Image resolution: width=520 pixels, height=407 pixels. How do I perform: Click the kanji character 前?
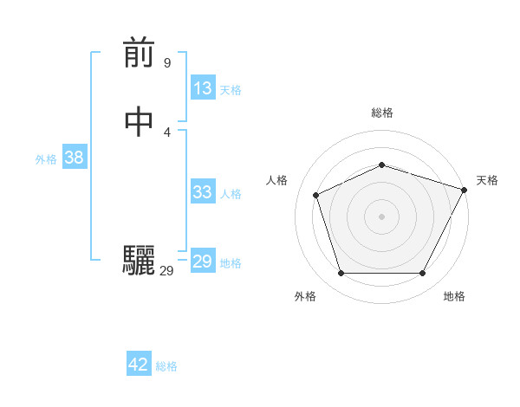coord(139,54)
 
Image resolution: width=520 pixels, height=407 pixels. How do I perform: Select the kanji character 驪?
coord(139,261)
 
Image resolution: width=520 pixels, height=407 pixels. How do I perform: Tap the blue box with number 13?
coord(203,88)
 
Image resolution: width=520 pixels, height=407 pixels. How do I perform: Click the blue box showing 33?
coord(203,192)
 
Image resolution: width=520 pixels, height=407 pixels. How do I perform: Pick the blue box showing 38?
coord(74,158)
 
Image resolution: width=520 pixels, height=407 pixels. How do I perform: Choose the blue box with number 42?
coord(139,365)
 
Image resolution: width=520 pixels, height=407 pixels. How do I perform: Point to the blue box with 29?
coord(203,262)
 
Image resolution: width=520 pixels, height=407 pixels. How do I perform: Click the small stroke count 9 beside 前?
coord(167,63)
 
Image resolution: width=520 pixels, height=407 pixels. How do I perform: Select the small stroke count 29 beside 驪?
coord(167,271)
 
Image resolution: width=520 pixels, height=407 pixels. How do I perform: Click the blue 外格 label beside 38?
coord(46,159)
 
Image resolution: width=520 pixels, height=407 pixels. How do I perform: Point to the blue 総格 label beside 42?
coord(166,366)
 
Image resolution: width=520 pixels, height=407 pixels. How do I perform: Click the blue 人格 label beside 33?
coord(231,194)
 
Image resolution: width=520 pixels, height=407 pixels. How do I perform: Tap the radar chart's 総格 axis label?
coord(382,113)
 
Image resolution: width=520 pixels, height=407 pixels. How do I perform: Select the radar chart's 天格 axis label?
coord(487,180)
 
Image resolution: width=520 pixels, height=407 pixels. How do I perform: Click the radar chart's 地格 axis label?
coord(454,296)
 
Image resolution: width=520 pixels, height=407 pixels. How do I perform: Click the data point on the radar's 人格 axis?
coord(316,195)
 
